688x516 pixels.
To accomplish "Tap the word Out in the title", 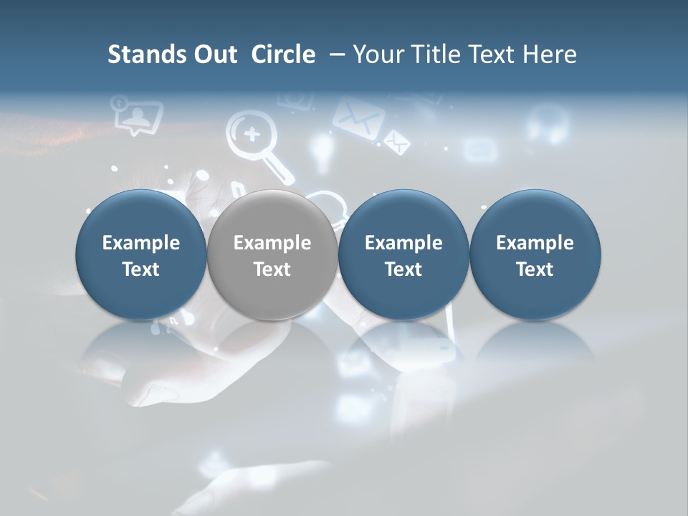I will click(214, 54).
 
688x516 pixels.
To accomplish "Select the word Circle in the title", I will click(283, 54).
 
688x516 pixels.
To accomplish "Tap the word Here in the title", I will click(549, 54).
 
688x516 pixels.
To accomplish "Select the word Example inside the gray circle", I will click(272, 243).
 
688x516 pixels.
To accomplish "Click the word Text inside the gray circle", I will click(272, 269).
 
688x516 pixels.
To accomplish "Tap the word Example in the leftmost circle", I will click(141, 243).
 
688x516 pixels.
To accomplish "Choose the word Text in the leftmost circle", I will click(141, 269).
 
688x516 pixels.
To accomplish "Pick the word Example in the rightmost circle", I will click(535, 243).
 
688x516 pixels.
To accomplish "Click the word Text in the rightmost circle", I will click(535, 269).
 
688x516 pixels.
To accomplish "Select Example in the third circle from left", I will click(403, 243).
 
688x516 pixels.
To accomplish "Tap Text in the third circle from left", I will click(403, 269).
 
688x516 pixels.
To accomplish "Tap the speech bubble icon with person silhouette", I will click(137, 115).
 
